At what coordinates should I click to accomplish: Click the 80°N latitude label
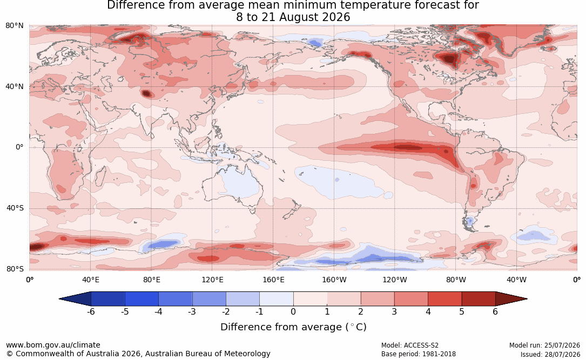pyautogui.click(x=14, y=26)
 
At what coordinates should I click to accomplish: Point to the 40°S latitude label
pyautogui.click(x=15, y=208)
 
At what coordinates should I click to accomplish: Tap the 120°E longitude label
pyautogui.click(x=212, y=280)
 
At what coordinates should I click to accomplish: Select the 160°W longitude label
pyautogui.click(x=334, y=280)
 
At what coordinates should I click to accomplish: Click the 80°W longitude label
pyautogui.click(x=456, y=280)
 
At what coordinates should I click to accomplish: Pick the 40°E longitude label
pyautogui.click(x=90, y=280)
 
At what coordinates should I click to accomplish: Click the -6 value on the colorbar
pyautogui.click(x=91, y=311)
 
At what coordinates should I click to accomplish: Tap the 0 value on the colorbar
pyautogui.click(x=293, y=311)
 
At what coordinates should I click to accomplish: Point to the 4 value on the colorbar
pyautogui.click(x=428, y=311)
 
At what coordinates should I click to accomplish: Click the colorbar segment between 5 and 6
pyautogui.click(x=479, y=299)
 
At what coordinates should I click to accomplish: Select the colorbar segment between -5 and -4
pyautogui.click(x=142, y=299)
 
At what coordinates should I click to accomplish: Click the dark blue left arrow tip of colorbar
pyautogui.click(x=60, y=299)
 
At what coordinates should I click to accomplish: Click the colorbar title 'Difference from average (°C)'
pyautogui.click(x=293, y=327)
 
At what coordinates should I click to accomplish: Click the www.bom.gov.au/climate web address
pyautogui.click(x=53, y=345)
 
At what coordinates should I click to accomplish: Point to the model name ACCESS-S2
pyautogui.click(x=421, y=345)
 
